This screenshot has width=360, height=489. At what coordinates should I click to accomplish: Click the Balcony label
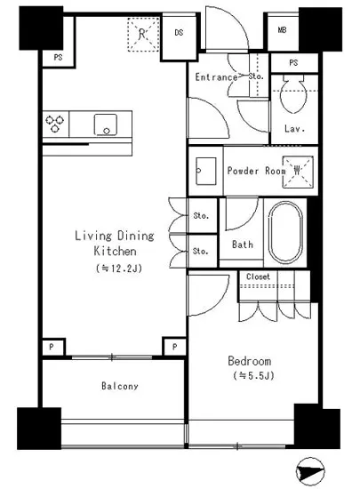pos(120,386)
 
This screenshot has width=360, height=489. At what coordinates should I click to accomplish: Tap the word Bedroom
pos(250,361)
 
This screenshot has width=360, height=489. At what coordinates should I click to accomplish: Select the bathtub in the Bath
pos(285,232)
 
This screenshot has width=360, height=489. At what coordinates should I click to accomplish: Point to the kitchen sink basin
pos(106,124)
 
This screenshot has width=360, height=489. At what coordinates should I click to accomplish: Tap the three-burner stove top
pos(55,124)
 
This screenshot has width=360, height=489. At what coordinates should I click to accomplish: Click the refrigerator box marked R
pos(143,35)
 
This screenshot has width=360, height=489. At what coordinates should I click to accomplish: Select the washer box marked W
pos(298,172)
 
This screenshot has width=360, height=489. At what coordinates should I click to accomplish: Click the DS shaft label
pos(179,32)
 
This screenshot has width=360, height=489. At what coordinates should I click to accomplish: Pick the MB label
pos(282,30)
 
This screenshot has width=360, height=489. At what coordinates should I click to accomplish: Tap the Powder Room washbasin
pos(205,172)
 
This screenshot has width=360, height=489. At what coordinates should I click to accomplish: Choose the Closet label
pos(258,277)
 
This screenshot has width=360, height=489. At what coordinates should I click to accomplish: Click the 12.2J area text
pos(119,269)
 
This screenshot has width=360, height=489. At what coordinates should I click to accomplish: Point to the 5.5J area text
pos(253,376)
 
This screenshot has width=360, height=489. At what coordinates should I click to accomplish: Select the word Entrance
pos(216,77)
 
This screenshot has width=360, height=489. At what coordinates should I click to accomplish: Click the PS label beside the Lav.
pos(293,63)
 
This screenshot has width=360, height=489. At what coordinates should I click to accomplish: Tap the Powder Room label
pos(256,171)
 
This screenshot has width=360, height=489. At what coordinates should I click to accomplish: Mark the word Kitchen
pos(115,251)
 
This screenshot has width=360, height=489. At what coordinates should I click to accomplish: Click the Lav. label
pos(294,129)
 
